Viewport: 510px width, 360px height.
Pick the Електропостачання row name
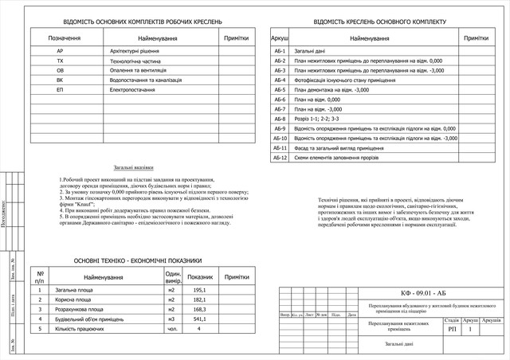[132, 90]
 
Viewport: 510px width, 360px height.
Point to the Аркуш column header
[280, 38]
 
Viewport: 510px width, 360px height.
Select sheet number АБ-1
[280, 50]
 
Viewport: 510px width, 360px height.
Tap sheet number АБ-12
[280, 158]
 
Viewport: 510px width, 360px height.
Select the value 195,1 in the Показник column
[199, 290]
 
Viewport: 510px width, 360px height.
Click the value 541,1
[199, 319]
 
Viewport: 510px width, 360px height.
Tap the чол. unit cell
[171, 328]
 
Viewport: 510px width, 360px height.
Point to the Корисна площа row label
[76, 299]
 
